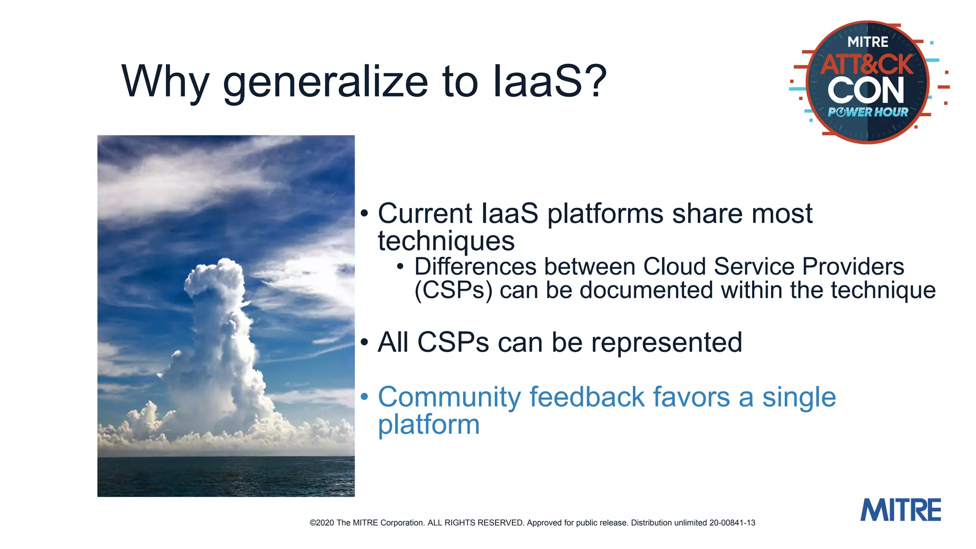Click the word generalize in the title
325,82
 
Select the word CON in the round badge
866,91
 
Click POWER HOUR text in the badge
868,112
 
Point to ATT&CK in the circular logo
867,64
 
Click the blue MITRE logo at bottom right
900,510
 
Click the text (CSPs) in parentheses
453,291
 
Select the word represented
666,342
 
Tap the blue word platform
428,425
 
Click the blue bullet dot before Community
365,396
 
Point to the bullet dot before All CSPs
365,342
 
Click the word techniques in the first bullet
446,241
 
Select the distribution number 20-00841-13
732,523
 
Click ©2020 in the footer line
322,523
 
